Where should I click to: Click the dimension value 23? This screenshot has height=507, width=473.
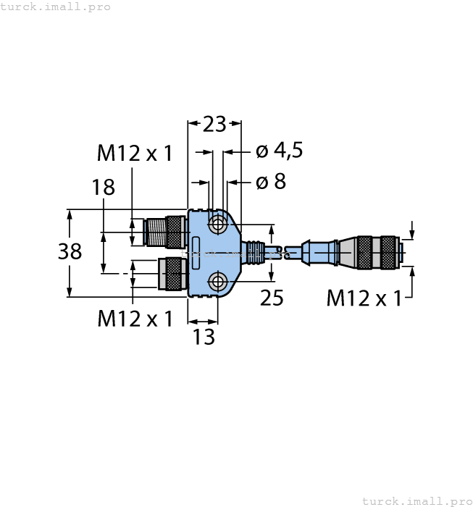(214, 125)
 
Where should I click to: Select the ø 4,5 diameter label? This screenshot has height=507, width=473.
(279, 151)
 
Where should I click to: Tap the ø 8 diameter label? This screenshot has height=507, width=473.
(270, 181)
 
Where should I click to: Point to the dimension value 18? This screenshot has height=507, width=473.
(104, 187)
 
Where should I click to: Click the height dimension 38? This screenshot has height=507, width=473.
(70, 252)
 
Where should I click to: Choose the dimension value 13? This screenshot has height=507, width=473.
(204, 337)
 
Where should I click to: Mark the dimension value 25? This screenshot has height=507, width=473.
(272, 298)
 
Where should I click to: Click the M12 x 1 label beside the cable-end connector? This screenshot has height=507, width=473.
(364, 298)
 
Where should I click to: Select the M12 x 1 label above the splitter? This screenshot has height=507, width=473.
(135, 153)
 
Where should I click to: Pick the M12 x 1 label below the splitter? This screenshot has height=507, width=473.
(135, 319)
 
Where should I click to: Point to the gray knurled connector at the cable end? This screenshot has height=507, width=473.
(377, 252)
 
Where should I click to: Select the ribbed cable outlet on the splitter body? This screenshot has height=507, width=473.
(253, 252)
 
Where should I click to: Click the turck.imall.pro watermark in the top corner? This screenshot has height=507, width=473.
(56, 7)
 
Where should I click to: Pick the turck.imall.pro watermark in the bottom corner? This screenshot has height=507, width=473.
(416, 500)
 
